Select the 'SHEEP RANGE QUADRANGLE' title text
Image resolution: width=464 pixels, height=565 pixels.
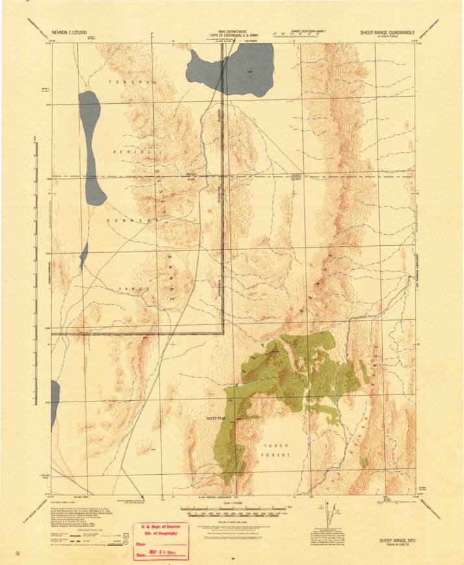387,32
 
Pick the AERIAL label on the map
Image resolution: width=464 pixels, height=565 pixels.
125,151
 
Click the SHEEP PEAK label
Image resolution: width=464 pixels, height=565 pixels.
215,418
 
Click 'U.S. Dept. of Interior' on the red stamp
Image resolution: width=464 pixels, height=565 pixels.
160,528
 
